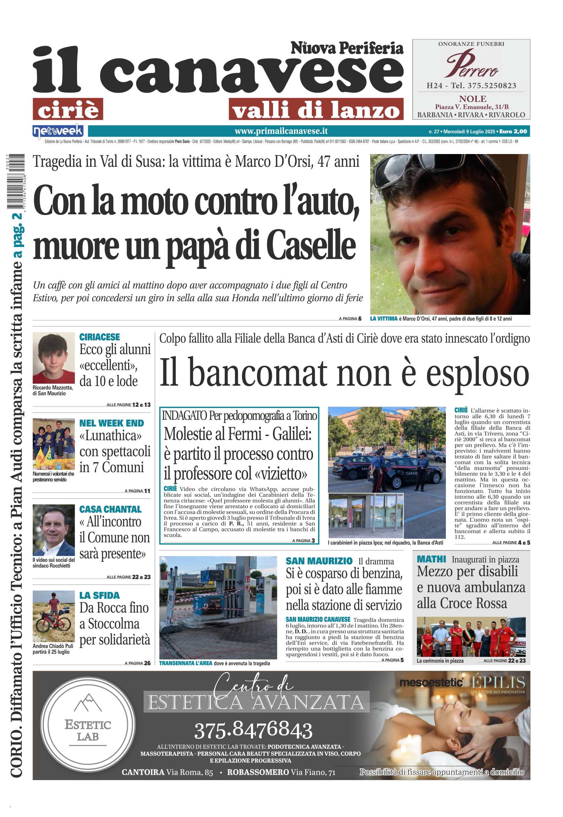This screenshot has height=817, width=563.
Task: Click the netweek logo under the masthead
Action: click(x=58, y=131)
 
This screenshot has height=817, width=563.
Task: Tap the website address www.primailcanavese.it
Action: click(x=281, y=131)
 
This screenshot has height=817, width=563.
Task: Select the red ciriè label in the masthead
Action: click(x=68, y=109)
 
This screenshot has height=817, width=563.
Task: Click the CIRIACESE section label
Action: click(x=99, y=337)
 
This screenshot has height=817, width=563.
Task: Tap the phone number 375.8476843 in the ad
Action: click(x=253, y=730)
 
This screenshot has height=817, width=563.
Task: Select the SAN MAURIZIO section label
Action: click(x=319, y=561)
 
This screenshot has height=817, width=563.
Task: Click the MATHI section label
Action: click(x=431, y=559)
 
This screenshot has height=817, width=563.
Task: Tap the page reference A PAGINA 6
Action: click(x=350, y=319)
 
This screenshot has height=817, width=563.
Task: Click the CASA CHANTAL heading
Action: click(x=110, y=509)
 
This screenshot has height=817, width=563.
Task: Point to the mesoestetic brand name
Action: click(x=431, y=683)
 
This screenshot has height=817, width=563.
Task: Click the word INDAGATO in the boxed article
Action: click(x=184, y=416)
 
